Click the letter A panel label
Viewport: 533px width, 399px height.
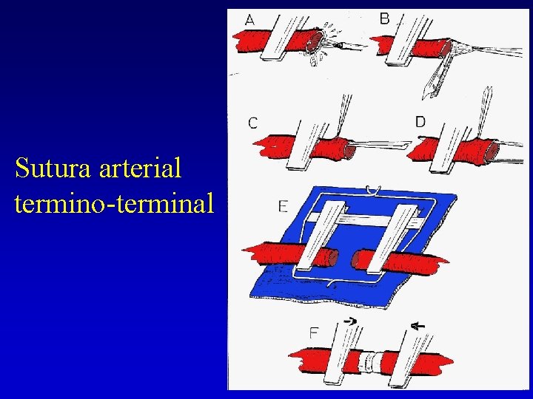249,21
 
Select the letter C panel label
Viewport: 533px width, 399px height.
253,123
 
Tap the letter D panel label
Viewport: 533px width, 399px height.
420,121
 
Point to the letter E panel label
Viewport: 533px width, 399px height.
283,207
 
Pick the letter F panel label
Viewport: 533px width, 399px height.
314,333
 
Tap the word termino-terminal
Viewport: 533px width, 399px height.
113,201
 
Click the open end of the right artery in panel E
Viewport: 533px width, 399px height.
358,259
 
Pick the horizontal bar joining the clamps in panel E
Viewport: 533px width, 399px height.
366,219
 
